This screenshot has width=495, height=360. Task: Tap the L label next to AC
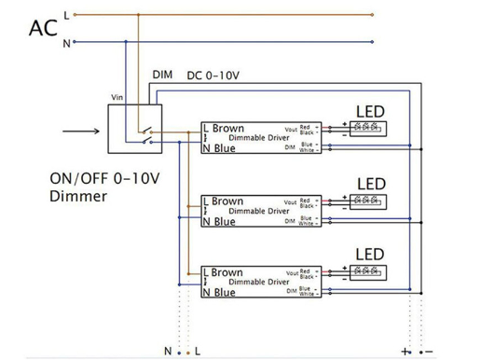(x=65, y=14)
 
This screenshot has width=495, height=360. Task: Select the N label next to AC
(x=65, y=43)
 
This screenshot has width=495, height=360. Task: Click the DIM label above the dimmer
(x=161, y=75)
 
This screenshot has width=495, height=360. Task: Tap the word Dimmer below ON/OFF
(x=78, y=197)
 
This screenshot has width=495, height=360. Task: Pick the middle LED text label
(x=371, y=183)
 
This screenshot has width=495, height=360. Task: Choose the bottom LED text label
(x=371, y=254)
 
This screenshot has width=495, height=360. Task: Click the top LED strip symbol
(x=368, y=127)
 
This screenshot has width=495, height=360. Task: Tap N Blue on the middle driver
(x=219, y=221)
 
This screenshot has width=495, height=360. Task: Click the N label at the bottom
(x=167, y=351)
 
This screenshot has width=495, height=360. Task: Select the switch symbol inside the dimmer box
(x=144, y=131)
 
